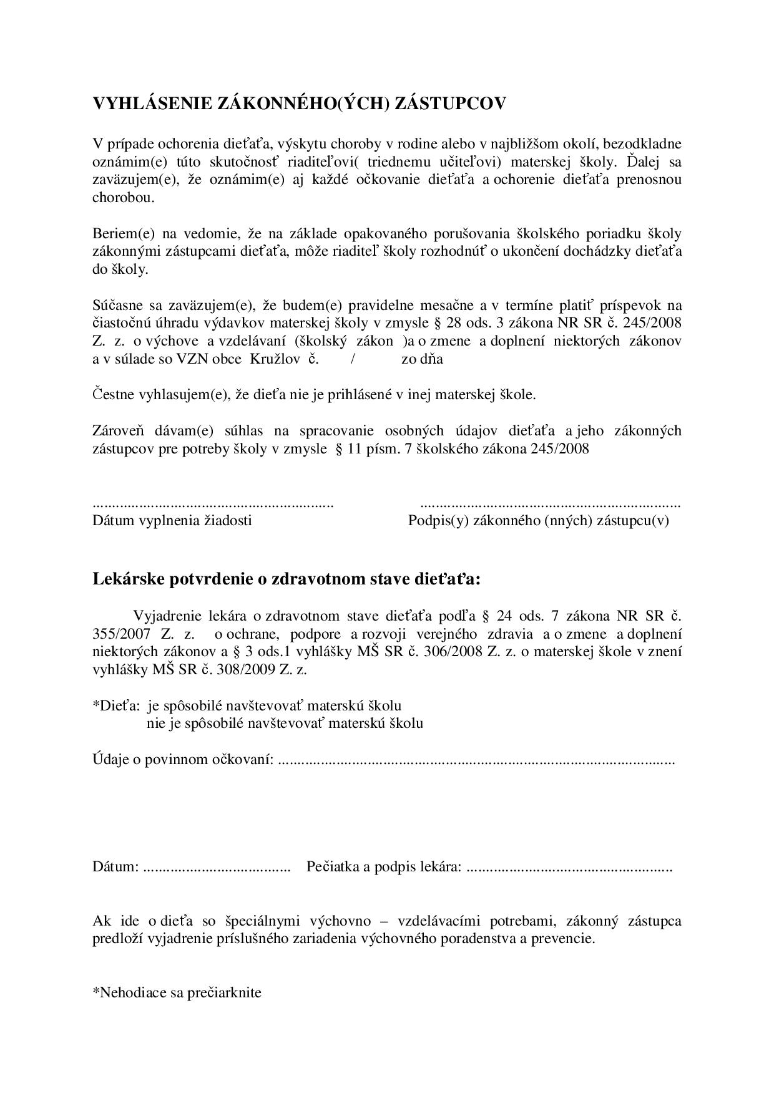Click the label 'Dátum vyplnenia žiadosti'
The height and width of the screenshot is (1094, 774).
coord(172,521)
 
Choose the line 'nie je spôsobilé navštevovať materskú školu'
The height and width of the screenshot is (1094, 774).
coord(285,724)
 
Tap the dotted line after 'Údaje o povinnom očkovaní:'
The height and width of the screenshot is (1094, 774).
coord(476,761)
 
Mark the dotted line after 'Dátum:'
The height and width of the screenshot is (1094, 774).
coord(217,868)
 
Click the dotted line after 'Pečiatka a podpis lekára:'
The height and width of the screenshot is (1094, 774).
coord(569,868)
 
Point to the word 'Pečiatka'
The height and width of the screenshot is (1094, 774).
coord(331,867)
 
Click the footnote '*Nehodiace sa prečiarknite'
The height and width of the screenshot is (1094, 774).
coord(177,992)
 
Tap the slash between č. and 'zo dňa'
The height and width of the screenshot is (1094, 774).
coord(353,359)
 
